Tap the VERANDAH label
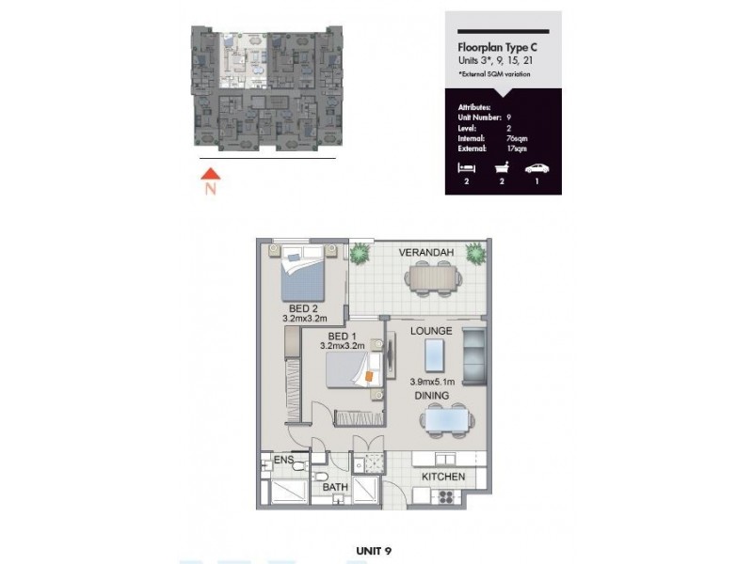(x=426, y=254)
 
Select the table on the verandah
(x=434, y=277)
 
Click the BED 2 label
(x=302, y=307)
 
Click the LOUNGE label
(x=432, y=331)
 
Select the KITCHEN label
(x=442, y=477)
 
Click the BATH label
(x=335, y=487)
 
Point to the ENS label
(x=283, y=461)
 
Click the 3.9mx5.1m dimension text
(x=432, y=382)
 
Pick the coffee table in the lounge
(x=435, y=356)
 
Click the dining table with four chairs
(x=445, y=420)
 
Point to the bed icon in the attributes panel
(x=464, y=168)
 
